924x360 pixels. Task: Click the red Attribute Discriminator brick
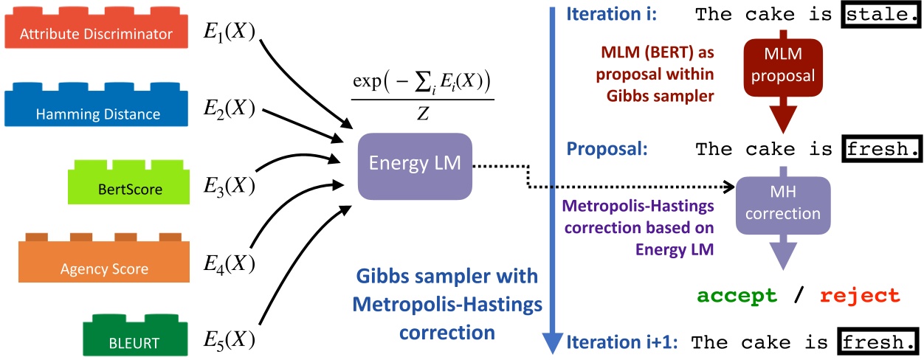click(97, 32)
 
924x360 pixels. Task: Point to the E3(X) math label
click(229, 186)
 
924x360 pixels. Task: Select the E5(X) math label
click(229, 339)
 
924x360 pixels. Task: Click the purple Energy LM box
click(415, 165)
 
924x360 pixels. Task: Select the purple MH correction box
click(784, 207)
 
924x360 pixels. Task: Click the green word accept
click(737, 296)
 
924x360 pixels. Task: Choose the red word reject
click(861, 296)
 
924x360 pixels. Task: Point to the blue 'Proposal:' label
click(607, 149)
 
